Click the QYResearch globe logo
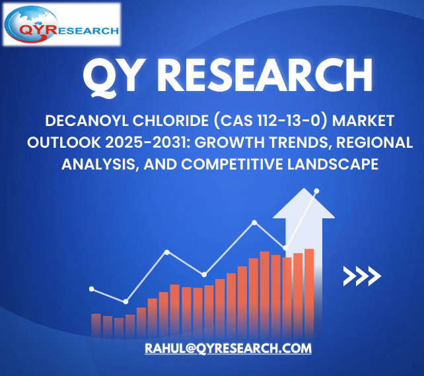(x=61, y=24)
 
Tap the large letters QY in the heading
(x=115, y=77)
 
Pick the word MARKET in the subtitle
(x=363, y=121)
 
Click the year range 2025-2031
(x=148, y=142)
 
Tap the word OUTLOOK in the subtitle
(x=64, y=142)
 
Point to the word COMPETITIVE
(x=232, y=164)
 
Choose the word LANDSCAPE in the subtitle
(x=333, y=164)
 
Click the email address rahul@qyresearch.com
(x=229, y=348)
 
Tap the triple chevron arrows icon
(x=362, y=276)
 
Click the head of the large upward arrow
(x=304, y=203)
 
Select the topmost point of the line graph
(x=316, y=191)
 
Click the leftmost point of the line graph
(x=92, y=289)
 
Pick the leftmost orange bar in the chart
(x=96, y=325)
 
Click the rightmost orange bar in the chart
(x=309, y=293)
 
